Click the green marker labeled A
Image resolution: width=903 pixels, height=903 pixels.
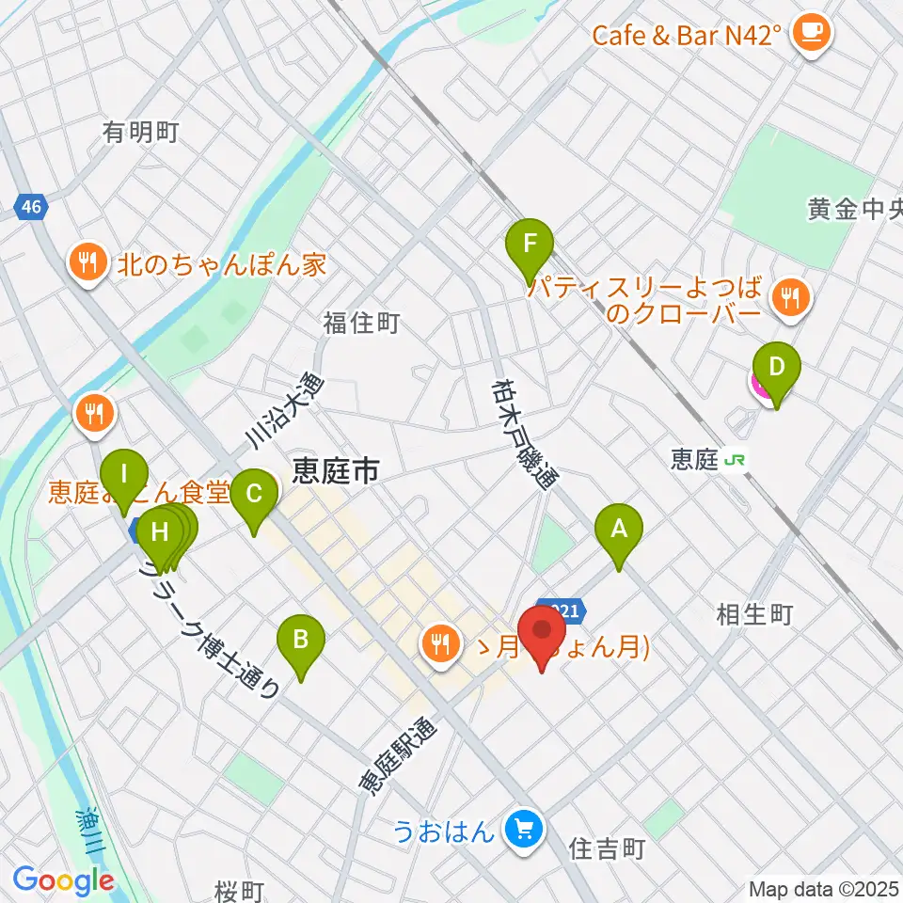click(619, 532)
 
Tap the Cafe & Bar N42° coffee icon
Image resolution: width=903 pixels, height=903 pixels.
click(809, 34)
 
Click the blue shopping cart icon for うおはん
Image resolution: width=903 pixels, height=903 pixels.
click(525, 830)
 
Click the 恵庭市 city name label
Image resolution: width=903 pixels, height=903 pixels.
click(336, 468)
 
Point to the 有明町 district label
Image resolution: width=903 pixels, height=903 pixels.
click(141, 133)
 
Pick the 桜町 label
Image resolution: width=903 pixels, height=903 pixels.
click(239, 890)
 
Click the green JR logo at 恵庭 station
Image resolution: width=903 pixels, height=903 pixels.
click(738, 460)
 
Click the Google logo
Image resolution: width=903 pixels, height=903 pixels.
click(63, 881)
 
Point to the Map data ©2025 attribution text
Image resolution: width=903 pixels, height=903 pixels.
click(823, 888)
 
